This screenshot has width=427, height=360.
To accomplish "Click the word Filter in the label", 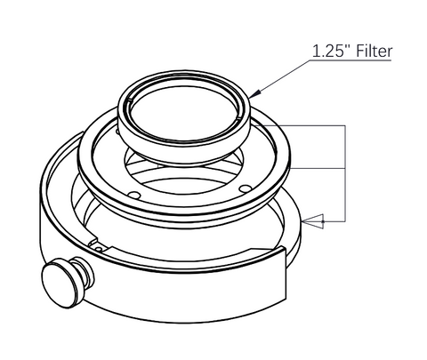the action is click(x=374, y=51).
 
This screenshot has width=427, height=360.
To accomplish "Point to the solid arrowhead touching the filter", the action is click(x=256, y=93).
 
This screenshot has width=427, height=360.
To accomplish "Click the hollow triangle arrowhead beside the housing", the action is click(x=312, y=221).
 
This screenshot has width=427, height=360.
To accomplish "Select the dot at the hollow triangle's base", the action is click(x=323, y=221).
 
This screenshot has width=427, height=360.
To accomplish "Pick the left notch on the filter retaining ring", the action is click(x=129, y=102).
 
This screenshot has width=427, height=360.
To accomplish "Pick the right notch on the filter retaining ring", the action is click(x=238, y=118).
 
